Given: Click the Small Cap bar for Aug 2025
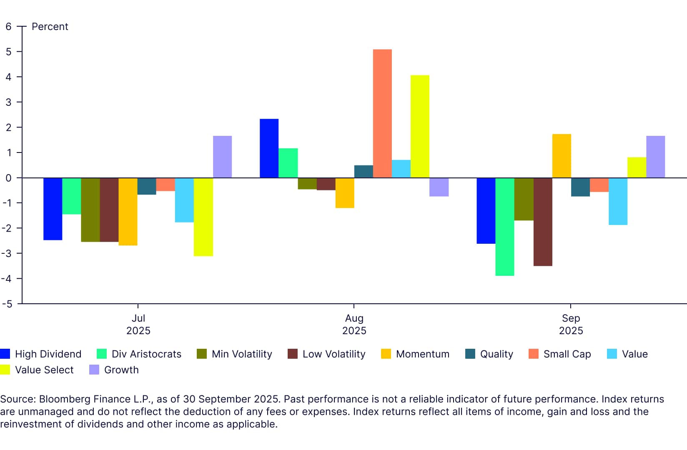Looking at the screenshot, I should pyautogui.click(x=382, y=113).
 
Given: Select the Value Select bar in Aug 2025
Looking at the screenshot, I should pyautogui.click(x=420, y=126).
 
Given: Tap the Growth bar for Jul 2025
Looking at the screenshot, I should pyautogui.click(x=222, y=157).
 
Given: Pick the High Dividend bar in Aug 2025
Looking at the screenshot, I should pyautogui.click(x=269, y=148).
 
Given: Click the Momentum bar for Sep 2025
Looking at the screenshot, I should pyautogui.click(x=562, y=156).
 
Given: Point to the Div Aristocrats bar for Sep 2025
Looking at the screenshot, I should pyautogui.click(x=505, y=227).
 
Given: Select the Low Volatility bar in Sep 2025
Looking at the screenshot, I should pyautogui.click(x=543, y=222).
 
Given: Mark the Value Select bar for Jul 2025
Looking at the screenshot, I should pyautogui.click(x=203, y=217).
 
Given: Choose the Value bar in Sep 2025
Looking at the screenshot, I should pyautogui.click(x=618, y=201).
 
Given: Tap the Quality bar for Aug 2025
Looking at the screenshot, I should pyautogui.click(x=364, y=172).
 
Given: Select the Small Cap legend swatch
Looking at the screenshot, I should pyautogui.click(x=533, y=354).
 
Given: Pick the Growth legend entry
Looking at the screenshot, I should pyautogui.click(x=121, y=370).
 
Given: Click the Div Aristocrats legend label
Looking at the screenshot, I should pyautogui.click(x=146, y=354).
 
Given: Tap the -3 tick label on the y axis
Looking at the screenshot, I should pyautogui.click(x=7, y=253).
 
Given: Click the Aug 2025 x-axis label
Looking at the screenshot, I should pyautogui.click(x=354, y=324).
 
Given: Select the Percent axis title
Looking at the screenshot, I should pyautogui.click(x=50, y=27).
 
